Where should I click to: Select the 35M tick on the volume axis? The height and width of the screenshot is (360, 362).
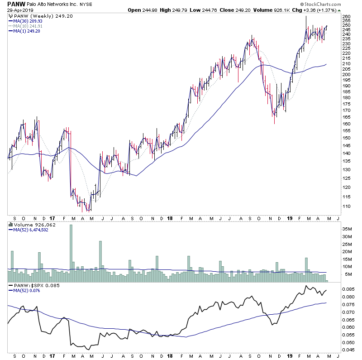coord(348,230)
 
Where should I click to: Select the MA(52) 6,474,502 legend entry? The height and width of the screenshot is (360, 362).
coord(31,230)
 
